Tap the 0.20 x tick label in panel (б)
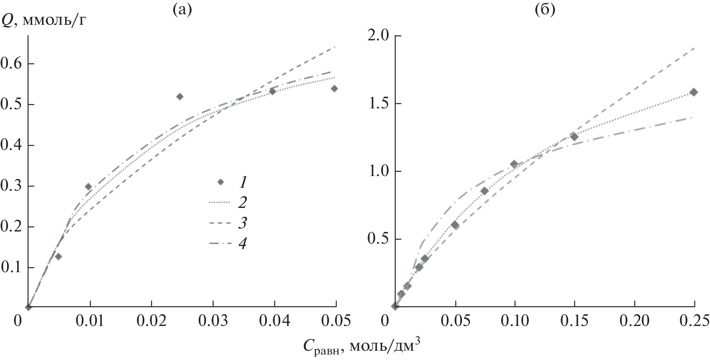pyautogui.click(x=634, y=322)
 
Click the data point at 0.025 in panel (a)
pyautogui.click(x=180, y=97)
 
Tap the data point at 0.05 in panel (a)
pyautogui.click(x=334, y=89)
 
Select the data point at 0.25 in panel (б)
pyautogui.click(x=694, y=92)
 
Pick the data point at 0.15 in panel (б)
pyautogui.click(x=574, y=137)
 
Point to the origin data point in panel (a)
pyautogui.click(x=28, y=307)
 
